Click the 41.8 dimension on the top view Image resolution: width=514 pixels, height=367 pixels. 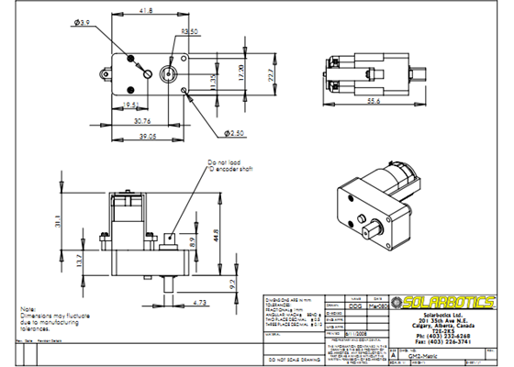[x=145, y=12]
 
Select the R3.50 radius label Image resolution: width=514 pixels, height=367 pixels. [x=191, y=31]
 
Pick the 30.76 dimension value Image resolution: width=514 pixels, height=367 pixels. [x=141, y=120]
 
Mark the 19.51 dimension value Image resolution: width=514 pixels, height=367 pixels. [x=130, y=106]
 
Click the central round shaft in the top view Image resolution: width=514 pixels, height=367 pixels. [x=171, y=72]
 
